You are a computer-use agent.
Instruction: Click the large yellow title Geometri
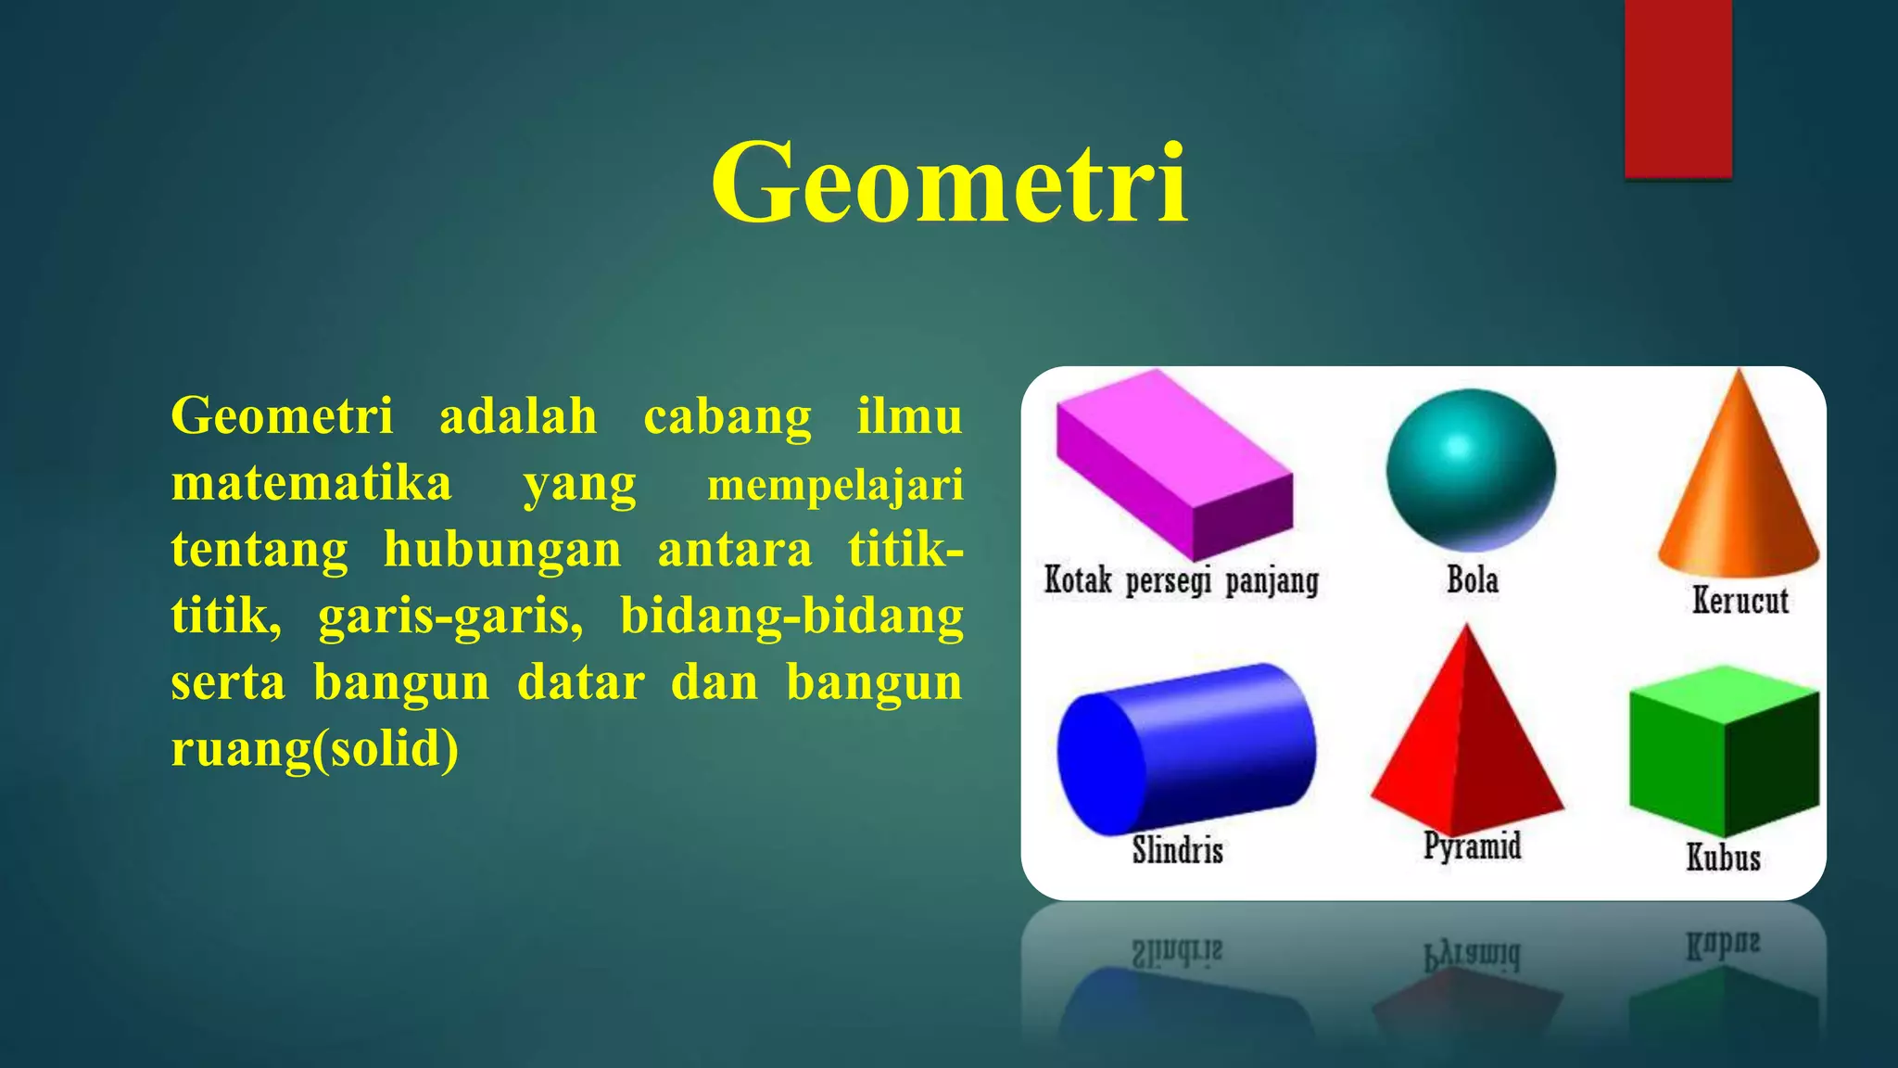click(949, 182)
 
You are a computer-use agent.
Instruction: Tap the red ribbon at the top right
click(1677, 88)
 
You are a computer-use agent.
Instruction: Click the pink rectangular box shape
click(1173, 464)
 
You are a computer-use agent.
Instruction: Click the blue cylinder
click(1186, 746)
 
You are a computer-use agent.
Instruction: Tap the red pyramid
click(1466, 742)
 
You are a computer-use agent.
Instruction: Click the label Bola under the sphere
click(1472, 580)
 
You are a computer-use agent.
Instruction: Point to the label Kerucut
click(1740, 600)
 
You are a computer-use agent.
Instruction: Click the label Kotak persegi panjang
click(1181, 580)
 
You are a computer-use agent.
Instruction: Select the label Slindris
click(1177, 849)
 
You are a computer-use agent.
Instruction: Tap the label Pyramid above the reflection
click(1472, 845)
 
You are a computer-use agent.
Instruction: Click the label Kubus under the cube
click(1722, 858)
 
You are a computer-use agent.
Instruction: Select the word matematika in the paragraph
click(311, 483)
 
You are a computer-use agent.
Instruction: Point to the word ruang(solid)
click(315, 748)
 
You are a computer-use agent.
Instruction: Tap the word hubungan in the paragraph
click(502, 550)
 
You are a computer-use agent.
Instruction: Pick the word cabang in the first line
click(728, 416)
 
